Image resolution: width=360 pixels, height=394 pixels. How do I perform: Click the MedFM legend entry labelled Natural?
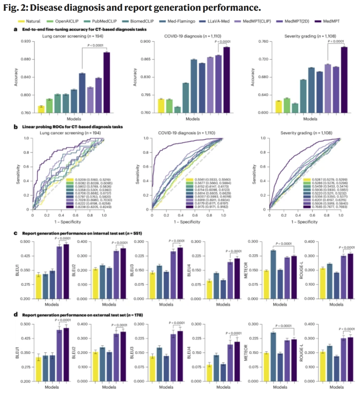coord(33,21)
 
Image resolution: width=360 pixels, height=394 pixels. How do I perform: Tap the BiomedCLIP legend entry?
coord(142,21)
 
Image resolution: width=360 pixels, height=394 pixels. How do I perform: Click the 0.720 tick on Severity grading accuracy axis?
coord(263,59)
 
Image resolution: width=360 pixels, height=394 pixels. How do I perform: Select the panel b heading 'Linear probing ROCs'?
coord(72,127)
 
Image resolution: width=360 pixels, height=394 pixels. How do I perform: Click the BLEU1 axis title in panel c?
coord(17,270)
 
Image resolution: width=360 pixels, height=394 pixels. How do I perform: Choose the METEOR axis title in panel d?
coord(246,352)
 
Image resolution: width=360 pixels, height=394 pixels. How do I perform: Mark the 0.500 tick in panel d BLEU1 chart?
coord(25,324)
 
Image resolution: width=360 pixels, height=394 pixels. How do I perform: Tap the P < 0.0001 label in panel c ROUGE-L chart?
coord(347,247)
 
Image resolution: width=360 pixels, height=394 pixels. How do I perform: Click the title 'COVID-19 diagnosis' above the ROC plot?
coord(186,133)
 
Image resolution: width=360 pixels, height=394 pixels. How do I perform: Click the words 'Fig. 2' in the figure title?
coord(15,7)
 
